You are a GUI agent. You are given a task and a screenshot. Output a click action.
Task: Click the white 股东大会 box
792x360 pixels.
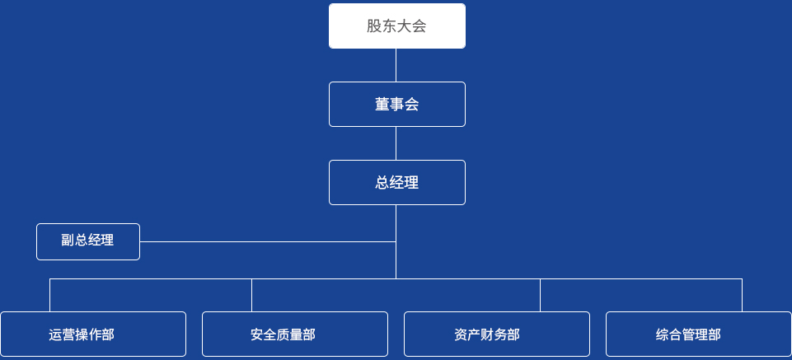pyautogui.click(x=397, y=26)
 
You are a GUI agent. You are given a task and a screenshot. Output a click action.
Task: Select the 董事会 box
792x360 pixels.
pyautogui.click(x=397, y=104)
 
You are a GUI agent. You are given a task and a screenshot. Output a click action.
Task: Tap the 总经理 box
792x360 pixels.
pyautogui.click(x=397, y=182)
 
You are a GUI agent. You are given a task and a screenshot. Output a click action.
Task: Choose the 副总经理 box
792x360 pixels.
pyautogui.click(x=88, y=242)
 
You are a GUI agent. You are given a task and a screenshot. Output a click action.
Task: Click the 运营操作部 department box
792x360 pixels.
pyautogui.click(x=93, y=334)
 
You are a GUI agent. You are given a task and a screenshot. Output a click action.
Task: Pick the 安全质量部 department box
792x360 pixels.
pyautogui.click(x=295, y=334)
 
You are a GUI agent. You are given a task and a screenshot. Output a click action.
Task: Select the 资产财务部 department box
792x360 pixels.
pyautogui.click(x=497, y=334)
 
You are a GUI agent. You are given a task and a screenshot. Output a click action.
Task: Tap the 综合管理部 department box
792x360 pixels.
pyautogui.click(x=699, y=334)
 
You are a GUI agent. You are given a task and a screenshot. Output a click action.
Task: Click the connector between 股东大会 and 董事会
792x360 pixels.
pyautogui.click(x=396, y=65)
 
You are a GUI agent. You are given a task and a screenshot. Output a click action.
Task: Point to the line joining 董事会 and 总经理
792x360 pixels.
pyautogui.click(x=396, y=143)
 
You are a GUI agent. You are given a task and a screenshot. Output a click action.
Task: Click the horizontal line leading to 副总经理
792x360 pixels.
pyautogui.click(x=268, y=242)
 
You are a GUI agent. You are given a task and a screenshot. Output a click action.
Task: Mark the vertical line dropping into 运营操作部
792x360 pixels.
pyautogui.click(x=50, y=296)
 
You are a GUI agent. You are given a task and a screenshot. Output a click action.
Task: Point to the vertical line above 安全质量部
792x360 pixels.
pyautogui.click(x=251, y=296)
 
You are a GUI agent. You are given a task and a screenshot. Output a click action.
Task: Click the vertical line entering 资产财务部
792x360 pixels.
pyautogui.click(x=540, y=296)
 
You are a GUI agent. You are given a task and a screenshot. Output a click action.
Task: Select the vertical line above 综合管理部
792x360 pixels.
pyautogui.click(x=742, y=296)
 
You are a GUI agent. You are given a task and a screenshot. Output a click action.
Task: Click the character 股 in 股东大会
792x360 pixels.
pyautogui.click(x=374, y=26)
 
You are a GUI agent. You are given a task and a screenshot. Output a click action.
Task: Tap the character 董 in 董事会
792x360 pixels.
pyautogui.click(x=382, y=105)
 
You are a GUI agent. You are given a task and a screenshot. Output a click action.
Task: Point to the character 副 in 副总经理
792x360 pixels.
pyautogui.click(x=68, y=240)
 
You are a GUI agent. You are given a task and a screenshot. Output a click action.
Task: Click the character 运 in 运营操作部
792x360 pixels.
pyautogui.click(x=55, y=334)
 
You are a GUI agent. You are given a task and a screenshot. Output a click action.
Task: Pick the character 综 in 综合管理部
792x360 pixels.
pyautogui.click(x=663, y=334)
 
